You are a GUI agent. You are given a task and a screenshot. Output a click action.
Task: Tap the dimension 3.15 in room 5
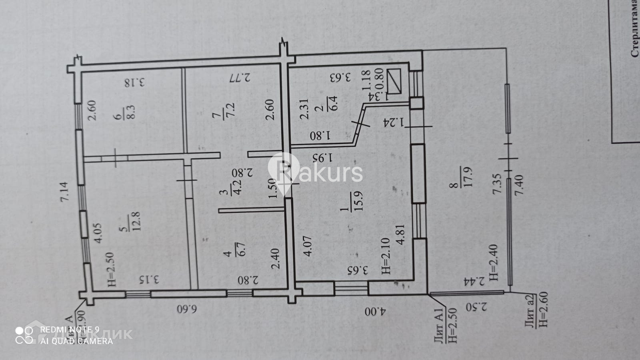pyautogui.click(x=149, y=279)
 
